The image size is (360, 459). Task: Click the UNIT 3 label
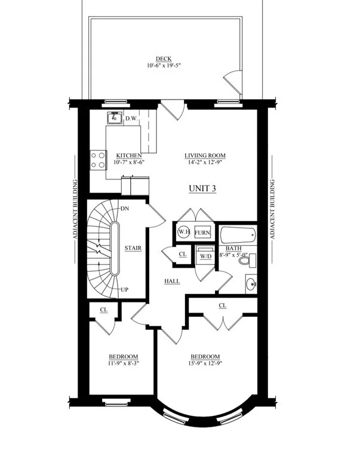point(202,188)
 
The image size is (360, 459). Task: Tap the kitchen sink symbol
point(115,118)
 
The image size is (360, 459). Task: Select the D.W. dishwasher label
point(131,118)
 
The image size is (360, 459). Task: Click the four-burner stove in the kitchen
point(98,160)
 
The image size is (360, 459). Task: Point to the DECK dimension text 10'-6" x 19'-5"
point(164,66)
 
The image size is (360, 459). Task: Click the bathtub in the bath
point(238,235)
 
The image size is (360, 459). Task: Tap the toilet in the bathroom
point(247,260)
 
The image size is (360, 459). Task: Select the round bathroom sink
point(251,284)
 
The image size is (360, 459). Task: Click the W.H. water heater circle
point(184,232)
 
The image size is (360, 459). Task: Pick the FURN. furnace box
point(202,232)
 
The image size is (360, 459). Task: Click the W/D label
point(205,256)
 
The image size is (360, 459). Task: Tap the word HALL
point(172,281)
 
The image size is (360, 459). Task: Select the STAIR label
point(133,248)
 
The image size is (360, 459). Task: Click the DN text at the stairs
point(125,209)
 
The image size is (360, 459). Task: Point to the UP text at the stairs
point(125,290)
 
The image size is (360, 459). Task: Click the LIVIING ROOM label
point(205,155)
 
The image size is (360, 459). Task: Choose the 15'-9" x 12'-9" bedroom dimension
point(205,363)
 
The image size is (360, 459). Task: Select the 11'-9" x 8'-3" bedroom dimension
point(124,363)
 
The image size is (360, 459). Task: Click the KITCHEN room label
point(129,155)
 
